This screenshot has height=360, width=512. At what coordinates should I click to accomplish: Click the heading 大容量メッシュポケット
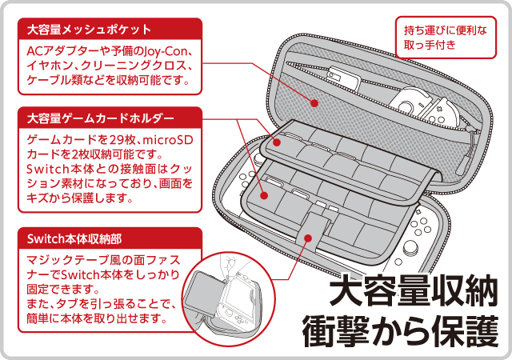click(x=89, y=30)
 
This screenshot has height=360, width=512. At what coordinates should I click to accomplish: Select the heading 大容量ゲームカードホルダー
click(x=100, y=119)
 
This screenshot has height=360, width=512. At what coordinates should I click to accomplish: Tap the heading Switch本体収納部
click(x=74, y=238)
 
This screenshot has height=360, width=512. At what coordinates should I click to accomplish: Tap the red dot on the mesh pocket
click(x=314, y=103)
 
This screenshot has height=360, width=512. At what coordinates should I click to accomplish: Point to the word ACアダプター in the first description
click(x=58, y=52)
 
